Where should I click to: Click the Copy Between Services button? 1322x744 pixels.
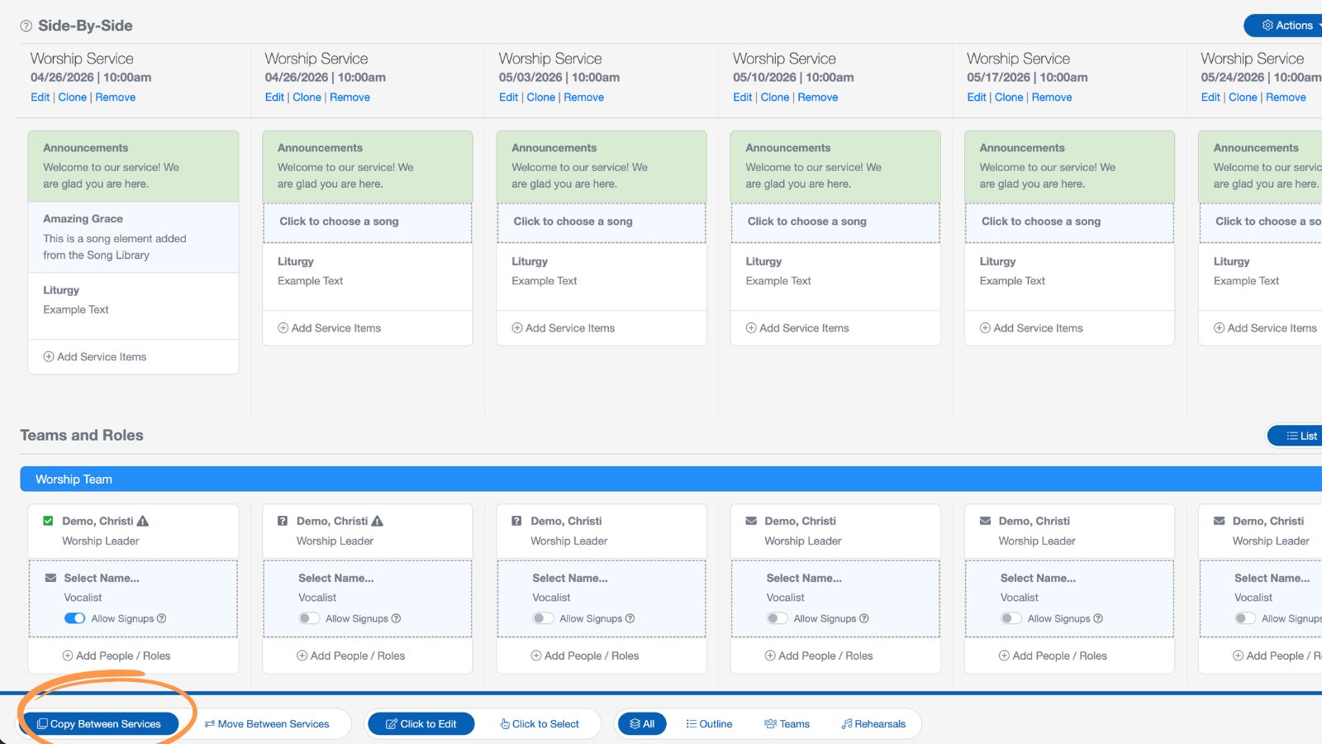click(x=100, y=724)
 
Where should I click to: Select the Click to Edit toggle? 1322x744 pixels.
click(x=421, y=724)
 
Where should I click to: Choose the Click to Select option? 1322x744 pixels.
click(x=540, y=724)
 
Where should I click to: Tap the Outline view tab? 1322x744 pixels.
click(x=709, y=724)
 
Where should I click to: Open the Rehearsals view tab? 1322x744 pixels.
click(x=873, y=724)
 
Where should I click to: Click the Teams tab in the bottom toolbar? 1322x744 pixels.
click(x=787, y=724)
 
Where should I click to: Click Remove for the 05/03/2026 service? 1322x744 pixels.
click(x=583, y=98)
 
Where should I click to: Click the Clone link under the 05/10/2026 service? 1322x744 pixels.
click(x=774, y=98)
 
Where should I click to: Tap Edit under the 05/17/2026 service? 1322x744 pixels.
click(x=976, y=98)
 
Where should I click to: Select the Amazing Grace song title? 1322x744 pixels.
click(x=83, y=219)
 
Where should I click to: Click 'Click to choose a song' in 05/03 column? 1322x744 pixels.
click(x=573, y=222)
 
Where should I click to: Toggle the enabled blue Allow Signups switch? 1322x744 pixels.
click(x=75, y=618)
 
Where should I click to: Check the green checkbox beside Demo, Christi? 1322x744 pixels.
click(x=48, y=521)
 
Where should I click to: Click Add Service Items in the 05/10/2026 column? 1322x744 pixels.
click(x=797, y=328)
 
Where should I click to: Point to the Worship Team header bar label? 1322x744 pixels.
click(x=74, y=479)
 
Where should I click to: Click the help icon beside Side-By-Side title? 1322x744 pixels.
click(x=26, y=26)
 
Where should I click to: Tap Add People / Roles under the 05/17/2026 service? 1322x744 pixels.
click(x=1053, y=656)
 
